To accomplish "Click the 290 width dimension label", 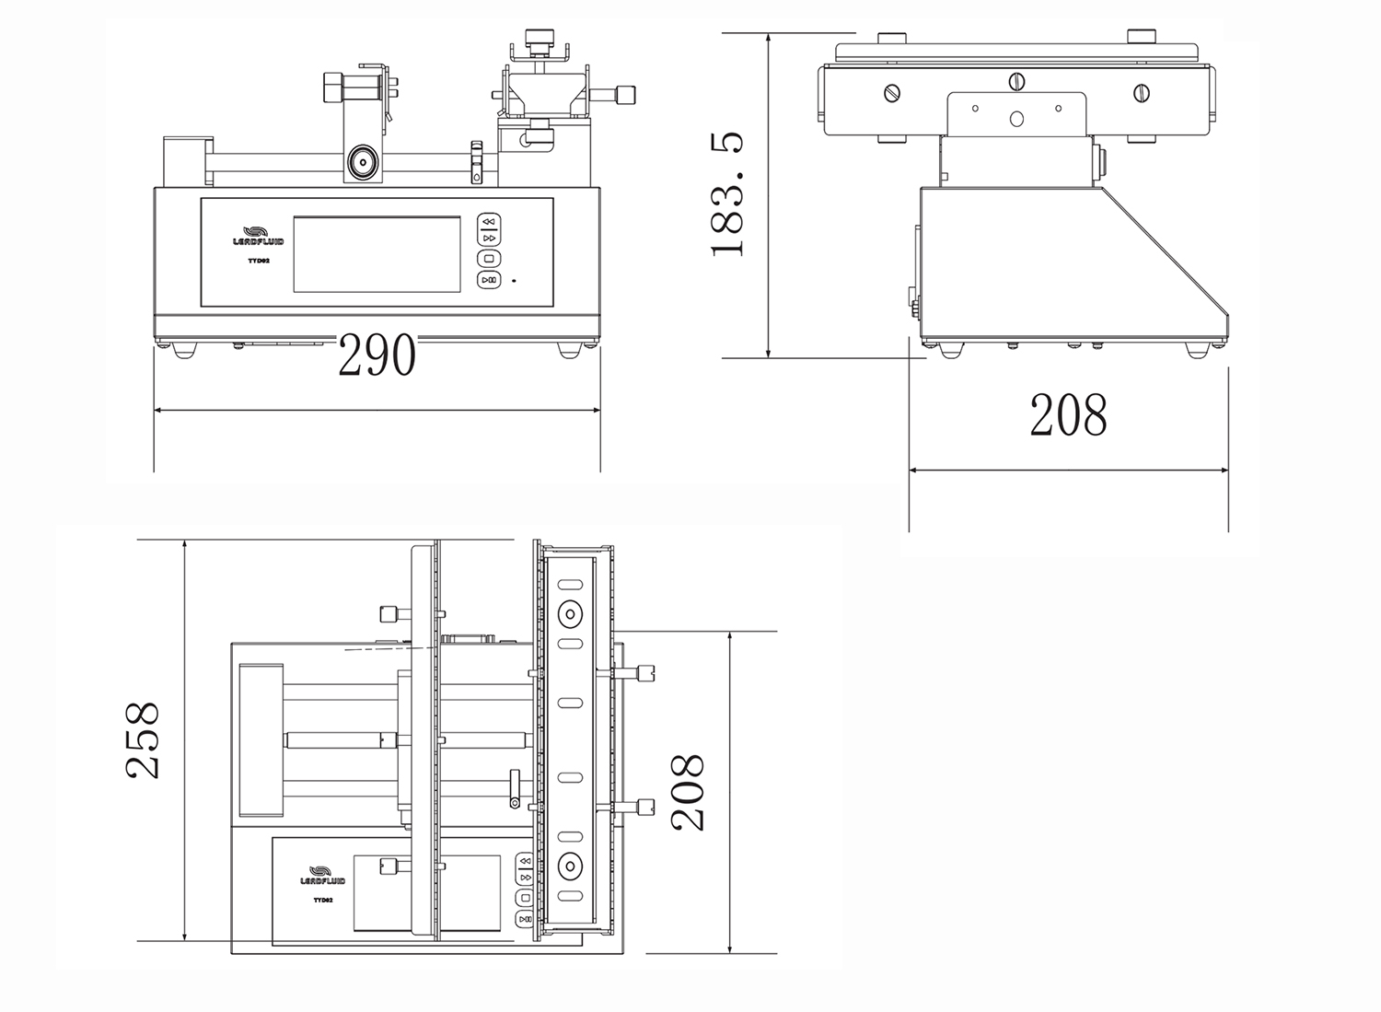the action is (377, 355).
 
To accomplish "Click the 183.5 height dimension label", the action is (727, 194).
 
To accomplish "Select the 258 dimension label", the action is (143, 739).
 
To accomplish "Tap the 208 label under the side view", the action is (1068, 415).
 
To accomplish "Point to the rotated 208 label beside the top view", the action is (688, 793).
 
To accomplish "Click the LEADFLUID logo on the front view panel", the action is (259, 236).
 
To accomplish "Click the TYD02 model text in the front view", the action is (259, 261).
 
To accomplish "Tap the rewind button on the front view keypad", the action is (489, 221).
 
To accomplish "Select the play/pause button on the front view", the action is (489, 280).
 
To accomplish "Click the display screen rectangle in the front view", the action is (377, 254).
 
